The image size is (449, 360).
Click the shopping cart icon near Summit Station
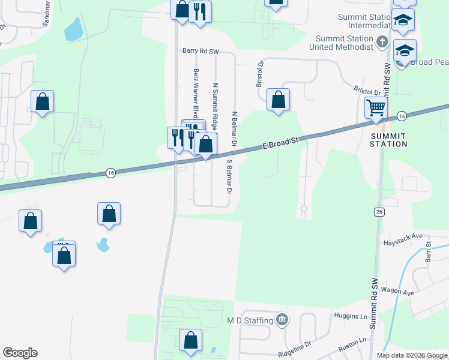click(x=376, y=108)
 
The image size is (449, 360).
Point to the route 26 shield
click(x=379, y=212)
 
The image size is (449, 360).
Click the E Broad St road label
click(x=281, y=143)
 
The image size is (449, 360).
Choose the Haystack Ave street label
click(x=403, y=243)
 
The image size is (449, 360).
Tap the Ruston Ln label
click(x=352, y=341)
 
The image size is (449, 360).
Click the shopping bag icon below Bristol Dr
click(x=278, y=99)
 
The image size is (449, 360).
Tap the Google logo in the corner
click(x=20, y=353)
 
